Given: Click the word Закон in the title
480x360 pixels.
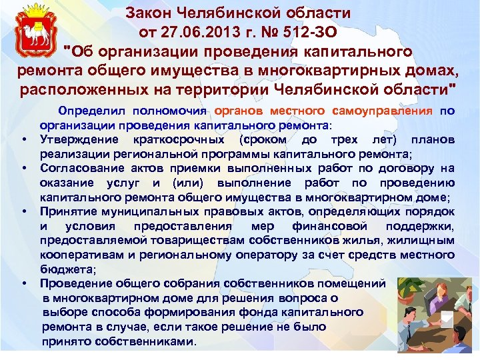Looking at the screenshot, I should pos(153,13).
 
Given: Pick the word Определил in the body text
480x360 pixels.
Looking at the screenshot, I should pos(93,111).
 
